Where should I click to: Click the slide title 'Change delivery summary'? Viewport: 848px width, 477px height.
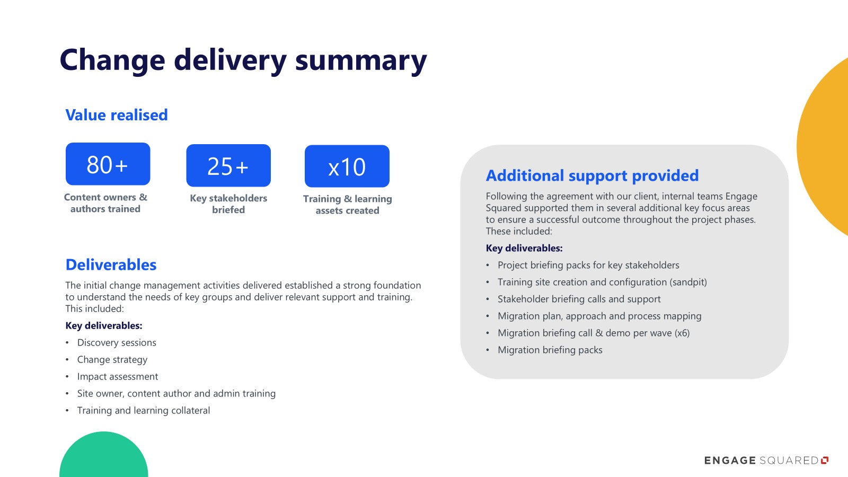pyautogui.click(x=243, y=60)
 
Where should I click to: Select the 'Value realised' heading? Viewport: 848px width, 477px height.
pyautogui.click(x=117, y=115)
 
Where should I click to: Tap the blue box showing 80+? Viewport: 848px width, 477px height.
pyautogui.click(x=108, y=164)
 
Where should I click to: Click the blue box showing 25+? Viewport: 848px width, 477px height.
pyautogui.click(x=228, y=165)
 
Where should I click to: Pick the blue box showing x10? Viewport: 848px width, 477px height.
pyautogui.click(x=347, y=166)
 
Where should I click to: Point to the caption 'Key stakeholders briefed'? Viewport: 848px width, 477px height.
pyautogui.click(x=228, y=204)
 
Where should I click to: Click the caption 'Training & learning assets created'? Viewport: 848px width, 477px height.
pyautogui.click(x=348, y=205)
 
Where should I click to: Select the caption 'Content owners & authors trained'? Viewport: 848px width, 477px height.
pyautogui.click(x=105, y=203)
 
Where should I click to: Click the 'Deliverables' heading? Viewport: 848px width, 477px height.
pyautogui.click(x=111, y=264)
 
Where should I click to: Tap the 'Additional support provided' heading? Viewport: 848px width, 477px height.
pyautogui.click(x=592, y=175)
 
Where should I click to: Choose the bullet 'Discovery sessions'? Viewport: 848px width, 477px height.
pyautogui.click(x=117, y=342)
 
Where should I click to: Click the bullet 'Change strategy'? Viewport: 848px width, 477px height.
pyautogui.click(x=112, y=360)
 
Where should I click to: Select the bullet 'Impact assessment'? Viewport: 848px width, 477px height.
pyautogui.click(x=117, y=377)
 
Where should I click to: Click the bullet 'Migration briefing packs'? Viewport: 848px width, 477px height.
pyautogui.click(x=550, y=350)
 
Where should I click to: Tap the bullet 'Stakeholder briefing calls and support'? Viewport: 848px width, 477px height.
pyautogui.click(x=579, y=299)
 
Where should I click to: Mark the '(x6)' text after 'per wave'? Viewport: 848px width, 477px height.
pyautogui.click(x=682, y=333)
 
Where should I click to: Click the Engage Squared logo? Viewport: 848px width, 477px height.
pyautogui.click(x=766, y=461)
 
